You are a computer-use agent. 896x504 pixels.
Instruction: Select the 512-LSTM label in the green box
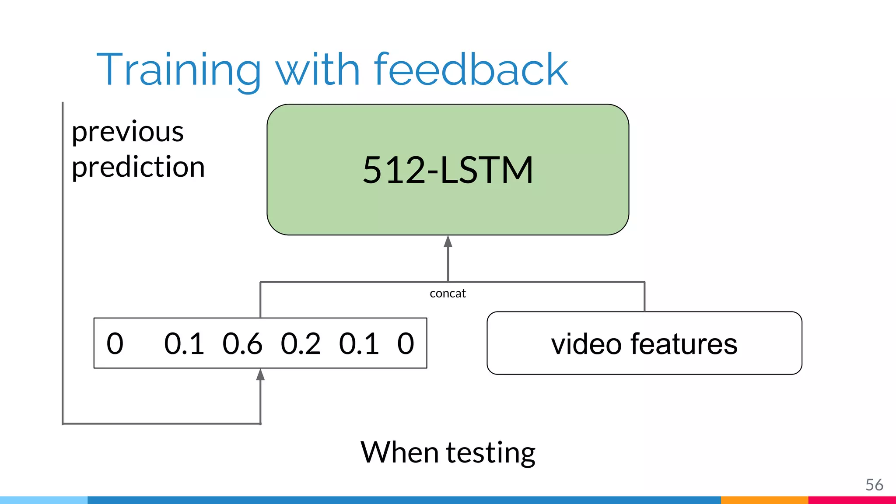(x=448, y=170)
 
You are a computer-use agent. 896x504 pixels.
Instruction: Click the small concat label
(x=448, y=294)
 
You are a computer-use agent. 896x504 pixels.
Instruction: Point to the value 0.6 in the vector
(x=242, y=343)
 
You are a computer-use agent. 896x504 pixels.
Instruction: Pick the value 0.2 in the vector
(x=300, y=343)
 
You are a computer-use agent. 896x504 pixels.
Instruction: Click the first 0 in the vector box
(x=115, y=343)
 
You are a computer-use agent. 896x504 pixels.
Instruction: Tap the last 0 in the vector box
(x=406, y=343)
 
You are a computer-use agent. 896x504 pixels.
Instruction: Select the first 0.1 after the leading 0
(x=184, y=343)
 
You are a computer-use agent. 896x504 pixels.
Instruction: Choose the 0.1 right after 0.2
(x=359, y=343)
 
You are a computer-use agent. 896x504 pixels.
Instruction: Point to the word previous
(x=127, y=132)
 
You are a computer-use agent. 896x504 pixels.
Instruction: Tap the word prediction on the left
(x=138, y=167)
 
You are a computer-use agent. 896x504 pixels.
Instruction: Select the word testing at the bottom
(x=490, y=453)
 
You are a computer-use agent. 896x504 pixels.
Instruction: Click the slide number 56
(x=874, y=485)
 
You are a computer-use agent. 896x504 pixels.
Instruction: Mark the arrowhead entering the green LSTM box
(x=448, y=241)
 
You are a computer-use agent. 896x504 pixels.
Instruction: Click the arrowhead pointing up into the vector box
(x=260, y=374)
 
